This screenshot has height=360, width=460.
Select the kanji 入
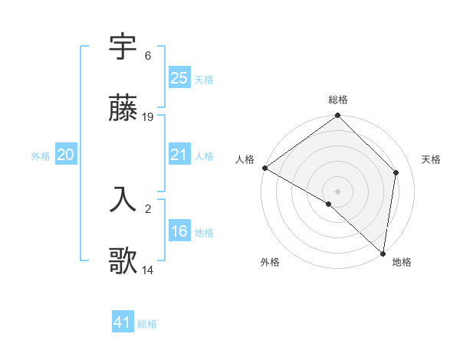click(123, 198)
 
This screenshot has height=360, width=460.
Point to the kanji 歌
click(123, 261)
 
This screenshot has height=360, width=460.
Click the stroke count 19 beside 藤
click(149, 117)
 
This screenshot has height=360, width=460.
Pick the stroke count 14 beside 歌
click(149, 270)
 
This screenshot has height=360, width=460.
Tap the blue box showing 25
click(179, 77)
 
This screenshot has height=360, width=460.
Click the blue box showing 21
click(179, 155)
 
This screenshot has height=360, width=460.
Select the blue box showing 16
click(179, 231)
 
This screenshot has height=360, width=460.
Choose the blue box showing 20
click(66, 155)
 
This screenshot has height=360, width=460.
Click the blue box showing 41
click(123, 322)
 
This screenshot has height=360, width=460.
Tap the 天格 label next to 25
click(204, 79)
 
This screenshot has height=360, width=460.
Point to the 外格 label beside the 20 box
click(41, 156)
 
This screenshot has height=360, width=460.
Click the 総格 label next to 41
click(147, 324)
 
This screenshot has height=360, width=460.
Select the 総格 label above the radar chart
click(338, 100)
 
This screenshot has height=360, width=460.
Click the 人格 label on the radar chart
click(245, 159)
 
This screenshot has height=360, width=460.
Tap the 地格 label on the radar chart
click(402, 262)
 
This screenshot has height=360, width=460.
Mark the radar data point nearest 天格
click(396, 172)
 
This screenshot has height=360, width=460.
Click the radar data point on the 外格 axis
click(329, 204)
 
